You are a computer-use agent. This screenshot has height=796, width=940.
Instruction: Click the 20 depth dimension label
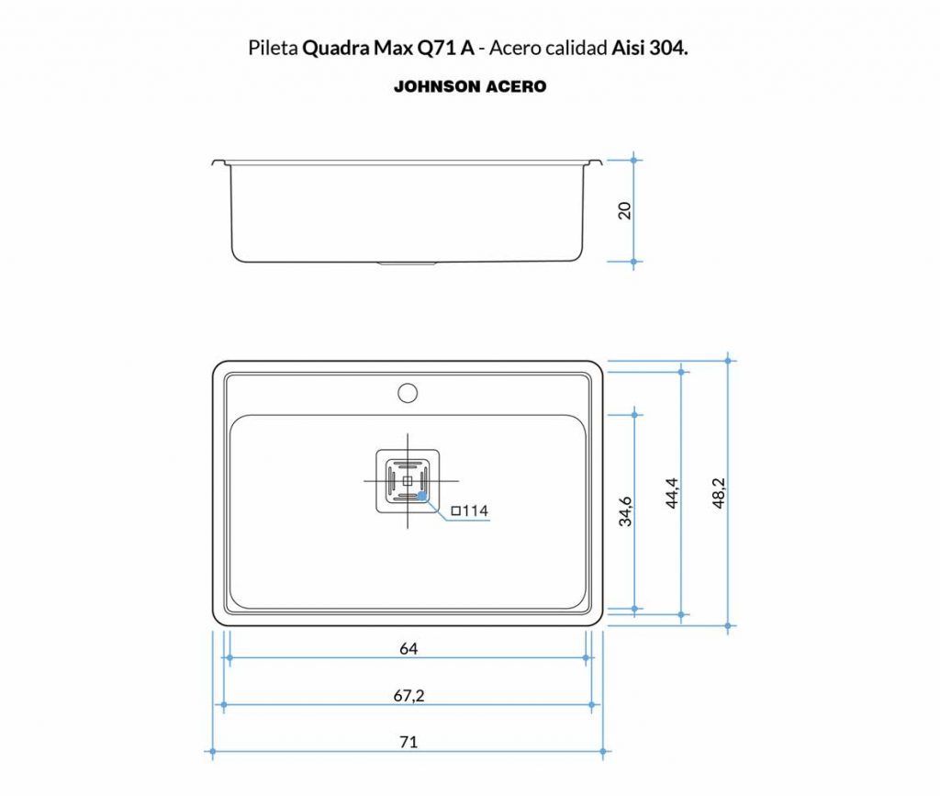tap(624, 211)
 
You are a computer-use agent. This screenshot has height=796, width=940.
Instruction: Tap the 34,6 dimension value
tap(624, 511)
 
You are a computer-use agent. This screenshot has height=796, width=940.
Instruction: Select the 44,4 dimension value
tap(672, 493)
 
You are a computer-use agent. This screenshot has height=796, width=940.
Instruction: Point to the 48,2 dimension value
tap(719, 493)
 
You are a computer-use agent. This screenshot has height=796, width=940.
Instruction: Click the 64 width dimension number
tap(408, 648)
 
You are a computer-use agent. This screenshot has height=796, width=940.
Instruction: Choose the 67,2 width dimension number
tap(408, 695)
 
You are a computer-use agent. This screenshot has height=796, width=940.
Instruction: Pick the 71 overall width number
tap(408, 742)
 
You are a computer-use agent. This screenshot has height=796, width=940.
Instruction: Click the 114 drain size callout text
tap(470, 510)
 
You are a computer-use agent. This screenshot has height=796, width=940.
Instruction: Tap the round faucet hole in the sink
tap(408, 393)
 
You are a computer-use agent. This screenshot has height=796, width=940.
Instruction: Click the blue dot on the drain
tap(422, 496)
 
